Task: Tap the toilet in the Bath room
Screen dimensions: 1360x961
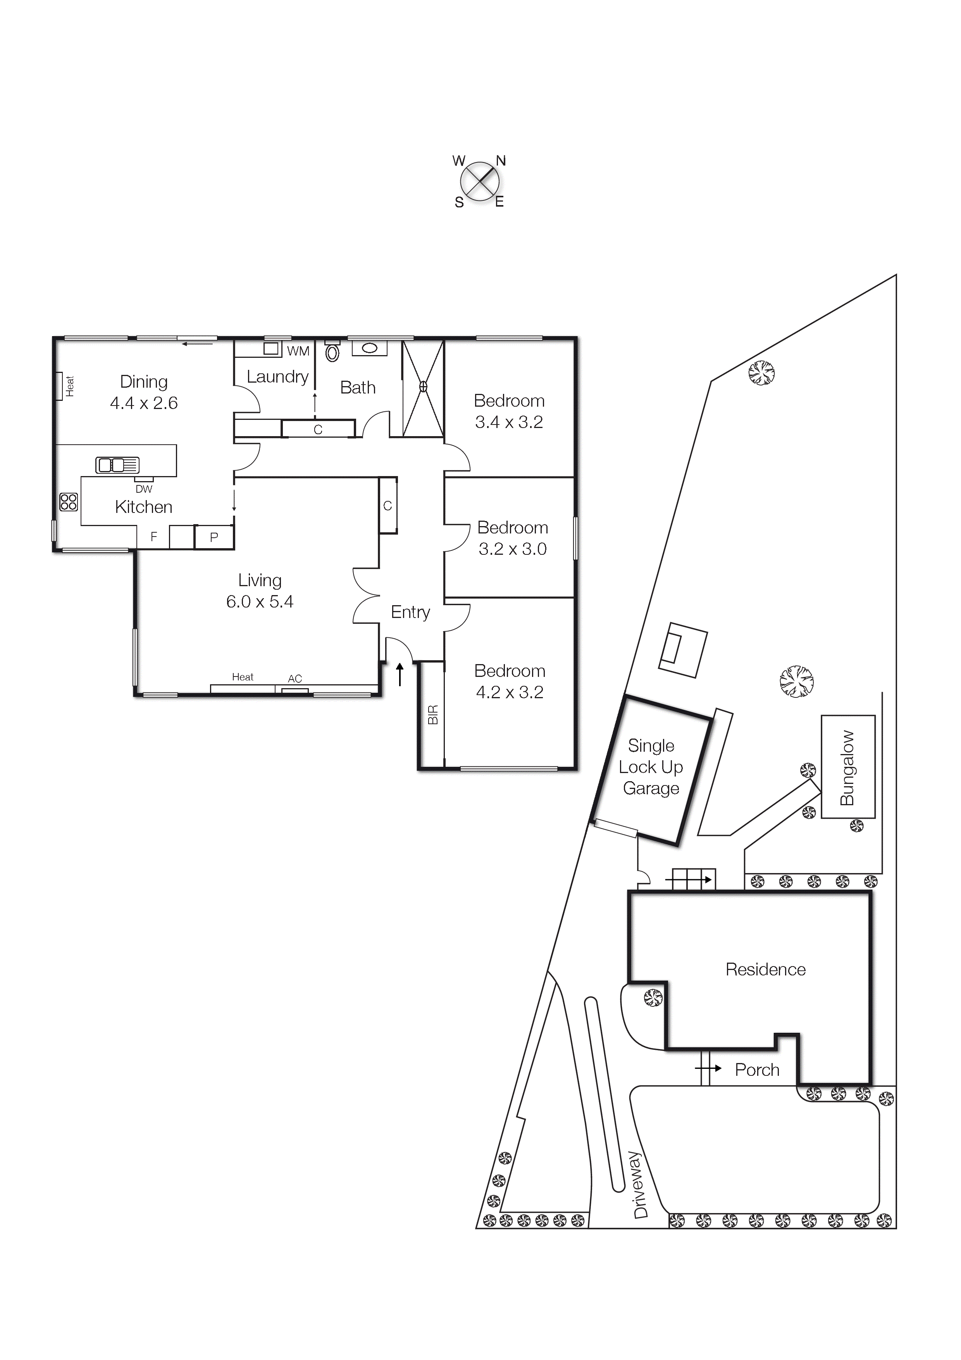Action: coord(333,351)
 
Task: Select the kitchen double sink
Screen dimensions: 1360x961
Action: coord(118,465)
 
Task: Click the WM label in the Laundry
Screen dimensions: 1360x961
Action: coord(298,351)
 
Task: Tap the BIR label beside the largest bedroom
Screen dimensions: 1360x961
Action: coord(433,715)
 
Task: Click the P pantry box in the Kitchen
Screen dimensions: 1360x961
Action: coord(214,537)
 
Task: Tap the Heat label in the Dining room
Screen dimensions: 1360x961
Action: coord(70,386)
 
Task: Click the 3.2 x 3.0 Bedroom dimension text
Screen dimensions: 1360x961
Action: coord(512,549)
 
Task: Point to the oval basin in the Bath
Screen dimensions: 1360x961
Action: coord(369,348)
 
